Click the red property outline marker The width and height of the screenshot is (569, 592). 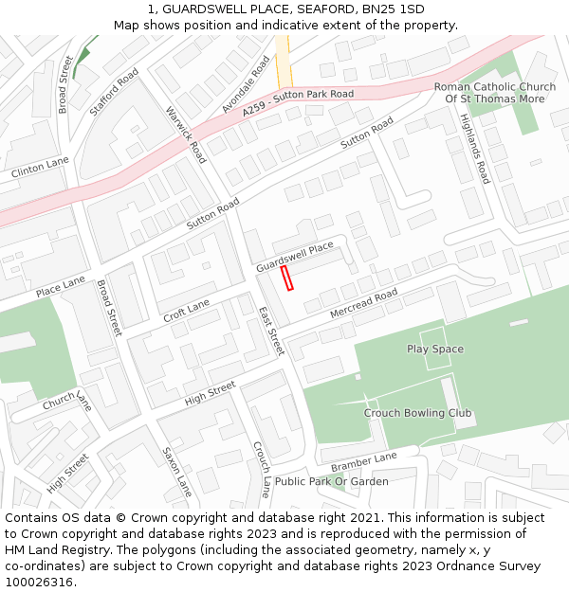pos(288,277)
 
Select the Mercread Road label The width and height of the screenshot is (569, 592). pos(363,303)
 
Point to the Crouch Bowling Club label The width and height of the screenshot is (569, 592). pos(417,413)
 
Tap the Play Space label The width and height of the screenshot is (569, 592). pos(435,349)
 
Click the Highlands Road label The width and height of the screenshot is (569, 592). pos(474,149)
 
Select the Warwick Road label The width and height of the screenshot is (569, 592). pos(187,135)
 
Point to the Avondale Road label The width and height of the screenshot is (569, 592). pos(246,84)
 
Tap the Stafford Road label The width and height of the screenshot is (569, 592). pos(114,91)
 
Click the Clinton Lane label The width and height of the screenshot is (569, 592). pos(40,169)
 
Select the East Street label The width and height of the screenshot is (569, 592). pos(271,331)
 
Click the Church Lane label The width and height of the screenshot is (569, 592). pos(66,401)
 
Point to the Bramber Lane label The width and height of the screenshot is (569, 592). pos(363,463)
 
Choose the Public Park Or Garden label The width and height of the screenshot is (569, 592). pos(331,481)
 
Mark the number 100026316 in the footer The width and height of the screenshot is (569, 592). pos(38,583)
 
